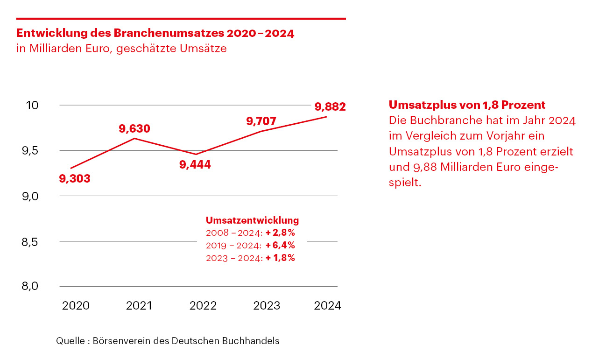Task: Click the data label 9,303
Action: tap(75, 178)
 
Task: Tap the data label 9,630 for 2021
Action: tap(134, 128)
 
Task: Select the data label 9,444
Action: tap(195, 164)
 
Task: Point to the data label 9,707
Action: tap(261, 121)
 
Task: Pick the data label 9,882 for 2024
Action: tap(330, 107)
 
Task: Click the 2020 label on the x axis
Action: tap(76, 306)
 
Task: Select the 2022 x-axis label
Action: tap(203, 306)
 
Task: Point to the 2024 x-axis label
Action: tap(328, 306)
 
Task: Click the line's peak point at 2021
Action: tap(135, 138)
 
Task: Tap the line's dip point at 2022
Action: tap(197, 154)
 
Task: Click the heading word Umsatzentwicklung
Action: tap(252, 220)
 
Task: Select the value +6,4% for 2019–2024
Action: tap(280, 245)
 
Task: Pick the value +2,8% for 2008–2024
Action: tap(280, 233)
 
